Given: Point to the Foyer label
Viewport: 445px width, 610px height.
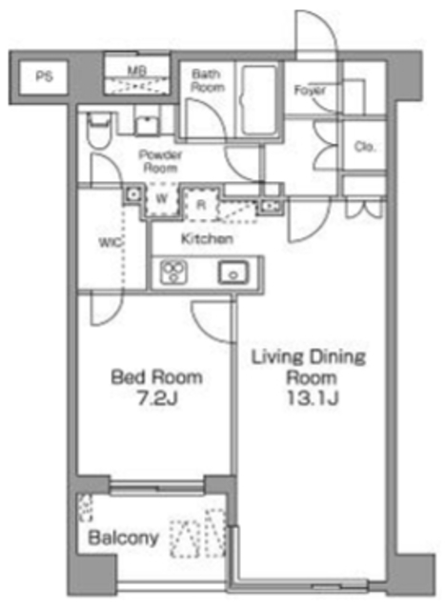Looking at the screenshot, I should click(x=311, y=91).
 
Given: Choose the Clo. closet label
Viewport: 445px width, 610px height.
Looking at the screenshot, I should click(x=364, y=147).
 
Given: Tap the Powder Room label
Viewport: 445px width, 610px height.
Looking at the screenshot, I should click(x=159, y=160).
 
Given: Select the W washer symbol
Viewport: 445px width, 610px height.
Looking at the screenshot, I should click(x=162, y=199).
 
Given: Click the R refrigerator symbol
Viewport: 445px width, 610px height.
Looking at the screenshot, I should click(x=202, y=202).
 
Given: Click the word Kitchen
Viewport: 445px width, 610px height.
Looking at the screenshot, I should click(x=207, y=239).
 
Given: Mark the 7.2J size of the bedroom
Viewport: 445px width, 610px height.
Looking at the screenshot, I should click(x=157, y=397).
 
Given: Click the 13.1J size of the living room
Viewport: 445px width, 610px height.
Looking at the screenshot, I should click(x=310, y=397).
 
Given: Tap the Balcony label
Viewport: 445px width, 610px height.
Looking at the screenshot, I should click(x=124, y=539).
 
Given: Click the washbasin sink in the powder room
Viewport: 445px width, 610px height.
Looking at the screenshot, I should click(x=148, y=122).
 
